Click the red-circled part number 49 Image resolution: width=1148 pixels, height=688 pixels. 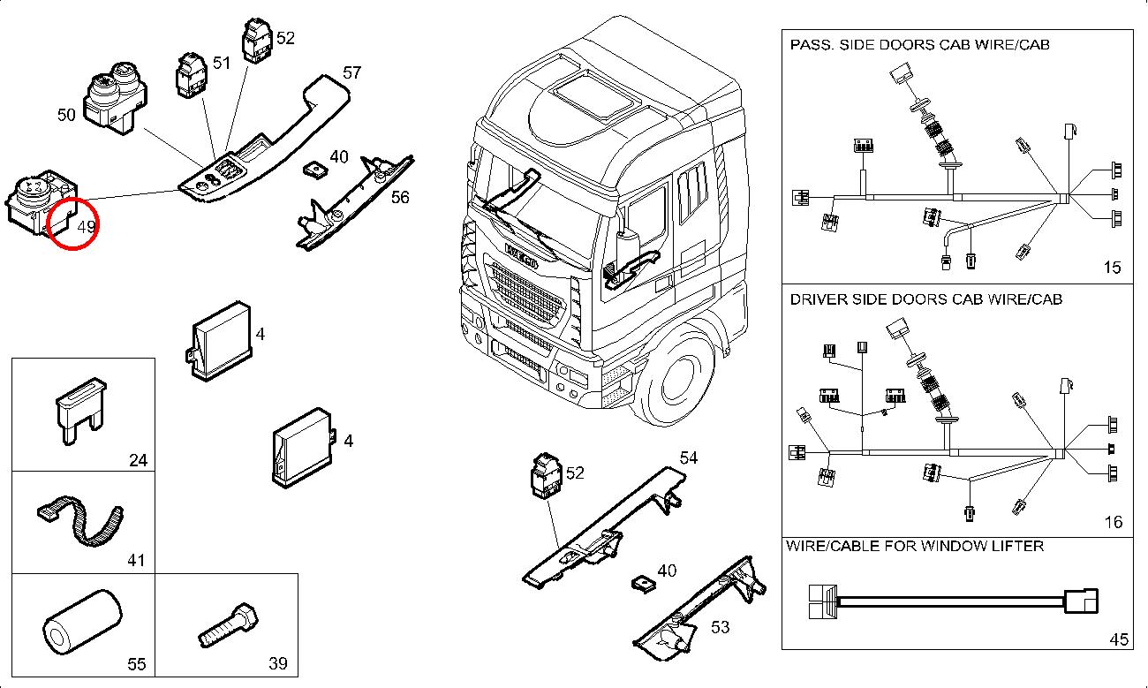point(86,227)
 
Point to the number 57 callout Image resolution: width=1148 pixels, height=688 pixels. point(351,73)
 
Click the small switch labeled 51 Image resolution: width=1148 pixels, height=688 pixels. point(191,76)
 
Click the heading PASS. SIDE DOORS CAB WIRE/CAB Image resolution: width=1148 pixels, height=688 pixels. point(919,44)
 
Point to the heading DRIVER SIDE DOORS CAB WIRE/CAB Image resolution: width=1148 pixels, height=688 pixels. point(925,299)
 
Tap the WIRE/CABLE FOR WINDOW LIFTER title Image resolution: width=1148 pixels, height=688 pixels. point(915,546)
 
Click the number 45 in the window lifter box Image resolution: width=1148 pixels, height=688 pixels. point(1119,640)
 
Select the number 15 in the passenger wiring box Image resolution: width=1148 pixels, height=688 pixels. point(1113,268)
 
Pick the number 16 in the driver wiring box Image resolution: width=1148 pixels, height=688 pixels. point(1113,522)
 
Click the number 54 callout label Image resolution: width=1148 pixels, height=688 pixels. point(688,457)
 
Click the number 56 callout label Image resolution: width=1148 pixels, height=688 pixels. point(400,197)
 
